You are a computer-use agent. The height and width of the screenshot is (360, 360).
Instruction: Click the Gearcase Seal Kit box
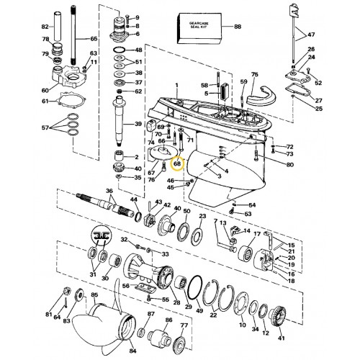199,28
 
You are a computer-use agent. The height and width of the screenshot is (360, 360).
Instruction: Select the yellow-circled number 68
177,164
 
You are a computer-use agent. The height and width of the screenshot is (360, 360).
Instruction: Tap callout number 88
238,27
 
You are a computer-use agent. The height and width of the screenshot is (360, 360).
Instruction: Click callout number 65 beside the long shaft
94,39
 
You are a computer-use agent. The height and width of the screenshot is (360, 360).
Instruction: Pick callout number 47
311,35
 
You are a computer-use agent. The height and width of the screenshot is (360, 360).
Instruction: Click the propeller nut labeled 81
66,292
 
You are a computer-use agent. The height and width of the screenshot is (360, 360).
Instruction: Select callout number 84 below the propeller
132,351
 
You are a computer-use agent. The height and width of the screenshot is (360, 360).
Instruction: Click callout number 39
138,124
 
